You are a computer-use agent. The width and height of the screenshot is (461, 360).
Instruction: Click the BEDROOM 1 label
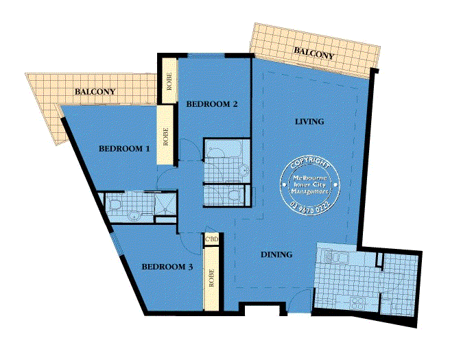[x=124, y=149]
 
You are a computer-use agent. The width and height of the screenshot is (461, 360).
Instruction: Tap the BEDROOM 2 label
[x=212, y=104]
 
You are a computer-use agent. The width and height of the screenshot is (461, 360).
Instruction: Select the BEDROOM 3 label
[x=167, y=267]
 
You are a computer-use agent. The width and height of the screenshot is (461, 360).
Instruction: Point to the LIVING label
[x=309, y=121]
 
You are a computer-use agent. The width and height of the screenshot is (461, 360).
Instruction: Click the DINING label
[x=276, y=254]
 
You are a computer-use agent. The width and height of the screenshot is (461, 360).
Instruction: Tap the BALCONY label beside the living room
[x=314, y=53]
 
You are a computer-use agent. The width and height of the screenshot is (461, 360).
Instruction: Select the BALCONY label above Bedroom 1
[x=95, y=92]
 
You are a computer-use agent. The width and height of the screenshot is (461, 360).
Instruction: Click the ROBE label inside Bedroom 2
[x=169, y=82]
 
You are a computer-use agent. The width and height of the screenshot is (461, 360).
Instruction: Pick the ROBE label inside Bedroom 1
[x=165, y=136]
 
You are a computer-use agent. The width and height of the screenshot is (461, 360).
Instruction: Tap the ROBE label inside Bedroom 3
[x=211, y=278]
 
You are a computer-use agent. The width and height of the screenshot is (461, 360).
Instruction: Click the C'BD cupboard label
[x=212, y=240]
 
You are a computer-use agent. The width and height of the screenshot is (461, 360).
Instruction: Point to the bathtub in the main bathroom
[x=224, y=151]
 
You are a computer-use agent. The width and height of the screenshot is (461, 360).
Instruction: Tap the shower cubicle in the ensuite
[x=165, y=204]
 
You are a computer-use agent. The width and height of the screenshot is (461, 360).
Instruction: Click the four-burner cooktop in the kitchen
[x=358, y=303]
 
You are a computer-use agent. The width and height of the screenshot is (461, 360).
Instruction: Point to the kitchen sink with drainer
[x=335, y=256]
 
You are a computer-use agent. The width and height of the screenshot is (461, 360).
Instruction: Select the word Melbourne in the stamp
[x=310, y=178]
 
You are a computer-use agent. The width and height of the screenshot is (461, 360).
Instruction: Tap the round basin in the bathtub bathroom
[x=244, y=171]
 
